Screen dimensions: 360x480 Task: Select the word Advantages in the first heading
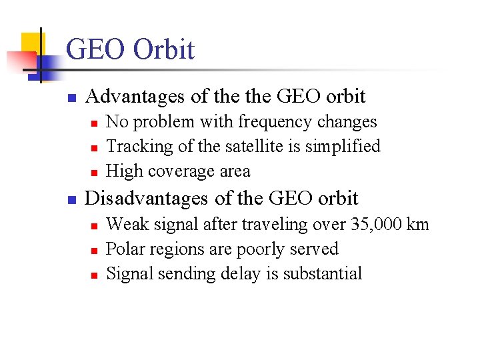[136, 97]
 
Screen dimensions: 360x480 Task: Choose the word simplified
[343, 147]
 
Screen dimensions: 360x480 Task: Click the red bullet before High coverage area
[95, 173]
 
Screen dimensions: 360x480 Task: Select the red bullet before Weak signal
[95, 226]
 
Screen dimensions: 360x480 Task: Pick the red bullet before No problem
[95, 123]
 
